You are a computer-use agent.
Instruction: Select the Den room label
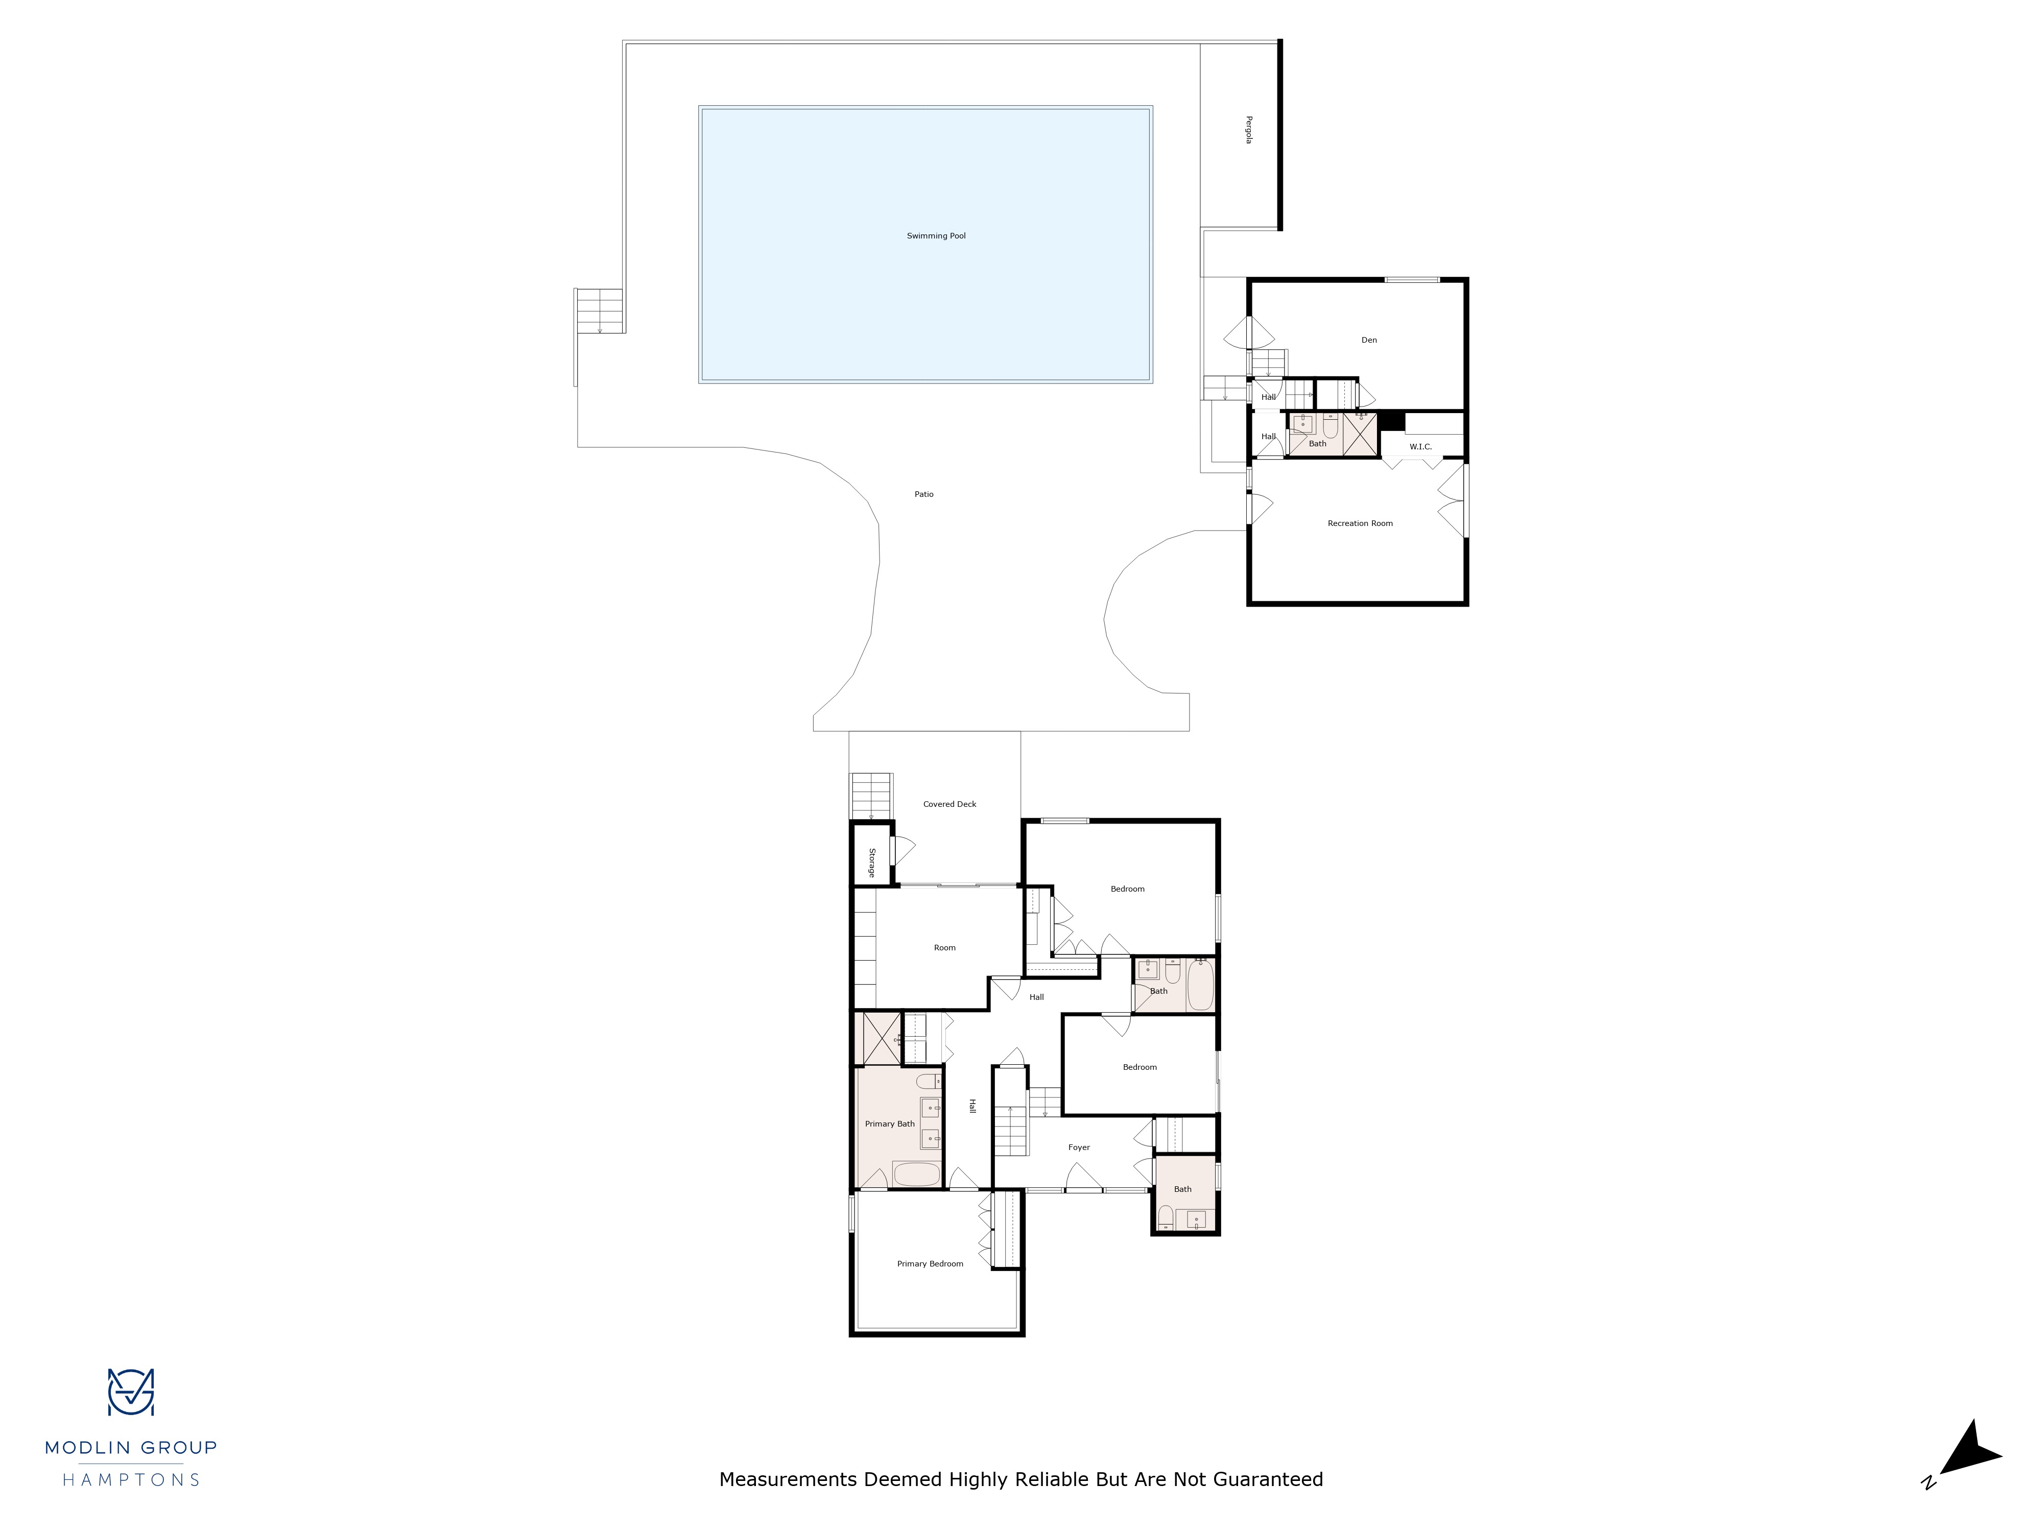1369,340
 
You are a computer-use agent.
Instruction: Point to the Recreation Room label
1360,523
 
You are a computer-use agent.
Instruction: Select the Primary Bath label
889,1124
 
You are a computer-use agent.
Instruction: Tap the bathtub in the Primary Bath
916,1174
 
